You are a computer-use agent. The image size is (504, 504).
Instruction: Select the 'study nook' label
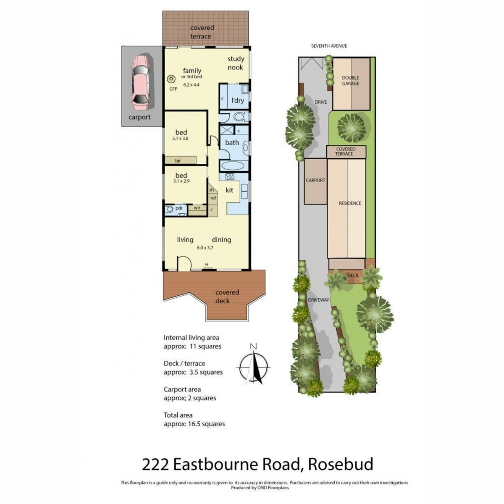point(236,63)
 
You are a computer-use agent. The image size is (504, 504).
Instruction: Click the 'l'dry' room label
point(238,101)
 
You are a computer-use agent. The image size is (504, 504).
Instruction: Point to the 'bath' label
point(232,143)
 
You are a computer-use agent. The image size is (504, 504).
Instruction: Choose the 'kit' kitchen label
point(229,190)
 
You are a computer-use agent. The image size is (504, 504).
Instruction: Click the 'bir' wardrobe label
point(178,160)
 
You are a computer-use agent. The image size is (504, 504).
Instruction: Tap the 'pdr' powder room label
point(178,208)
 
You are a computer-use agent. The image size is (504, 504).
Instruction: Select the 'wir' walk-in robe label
point(197,207)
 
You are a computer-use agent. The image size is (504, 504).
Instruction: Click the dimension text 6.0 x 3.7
point(205,248)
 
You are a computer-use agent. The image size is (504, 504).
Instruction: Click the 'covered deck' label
point(227,297)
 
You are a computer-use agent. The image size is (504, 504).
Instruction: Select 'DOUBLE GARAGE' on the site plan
point(350,81)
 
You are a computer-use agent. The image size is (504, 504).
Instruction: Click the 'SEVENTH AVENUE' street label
point(329,46)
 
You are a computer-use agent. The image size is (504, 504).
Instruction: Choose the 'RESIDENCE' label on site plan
point(350,203)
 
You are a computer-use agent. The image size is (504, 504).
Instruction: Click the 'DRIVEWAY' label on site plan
point(318,300)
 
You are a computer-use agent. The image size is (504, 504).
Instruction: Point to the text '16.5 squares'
point(206,424)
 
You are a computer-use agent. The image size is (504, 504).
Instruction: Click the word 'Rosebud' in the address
point(341,465)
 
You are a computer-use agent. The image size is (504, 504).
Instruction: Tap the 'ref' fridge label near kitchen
point(213,198)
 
